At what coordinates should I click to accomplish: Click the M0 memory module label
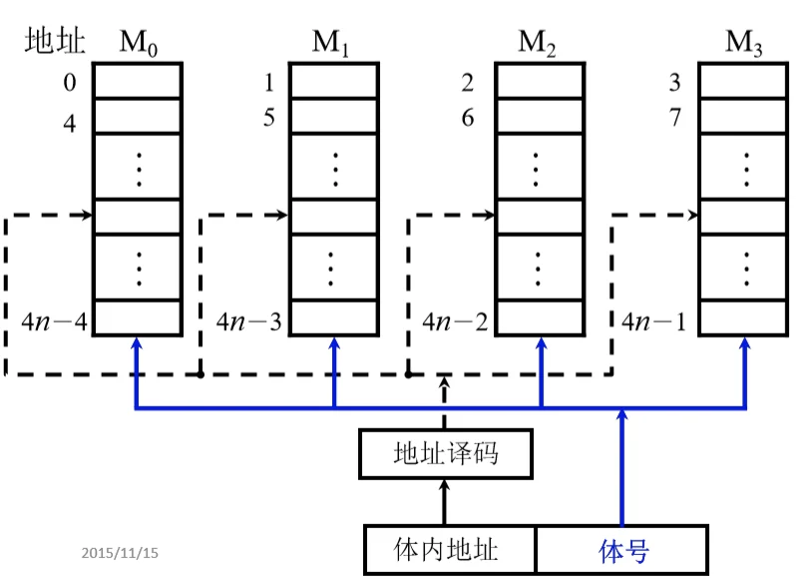pyautogui.click(x=137, y=43)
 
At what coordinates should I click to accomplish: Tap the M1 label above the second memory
pyautogui.click(x=332, y=43)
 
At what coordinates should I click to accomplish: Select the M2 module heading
pyautogui.click(x=538, y=43)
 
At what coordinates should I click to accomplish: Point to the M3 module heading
pyautogui.click(x=744, y=43)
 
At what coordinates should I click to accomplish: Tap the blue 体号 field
pyautogui.click(x=623, y=550)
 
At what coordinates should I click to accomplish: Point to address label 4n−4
pyautogui.click(x=55, y=321)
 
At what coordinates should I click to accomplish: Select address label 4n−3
pyautogui.click(x=251, y=321)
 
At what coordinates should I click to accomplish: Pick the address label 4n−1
pyautogui.click(x=655, y=321)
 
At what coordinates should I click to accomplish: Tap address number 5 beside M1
pyautogui.click(x=268, y=119)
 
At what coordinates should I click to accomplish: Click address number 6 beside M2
pyautogui.click(x=467, y=119)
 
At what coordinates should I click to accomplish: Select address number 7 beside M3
pyautogui.click(x=675, y=119)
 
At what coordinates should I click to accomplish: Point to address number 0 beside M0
pyautogui.click(x=69, y=83)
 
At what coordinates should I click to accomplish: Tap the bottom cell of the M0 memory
pyautogui.click(x=138, y=318)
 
